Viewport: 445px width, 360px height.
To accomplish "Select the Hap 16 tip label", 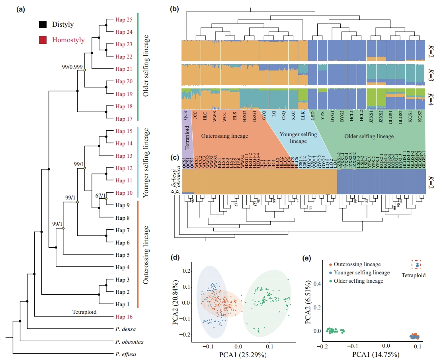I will click(x=124, y=317).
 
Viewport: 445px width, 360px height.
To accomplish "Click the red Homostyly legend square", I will click(x=43, y=40).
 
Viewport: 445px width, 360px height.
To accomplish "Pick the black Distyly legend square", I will click(x=43, y=25).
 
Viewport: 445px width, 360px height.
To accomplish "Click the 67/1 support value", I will click(x=101, y=196).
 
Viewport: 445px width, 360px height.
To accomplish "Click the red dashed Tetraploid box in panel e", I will click(x=416, y=264).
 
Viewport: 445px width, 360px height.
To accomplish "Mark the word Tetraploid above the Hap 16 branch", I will click(x=84, y=312).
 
